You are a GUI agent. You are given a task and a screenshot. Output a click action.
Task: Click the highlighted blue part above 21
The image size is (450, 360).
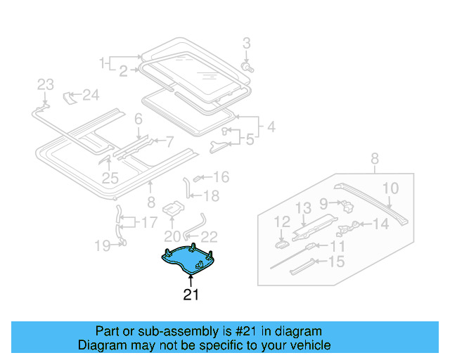coord(186,259)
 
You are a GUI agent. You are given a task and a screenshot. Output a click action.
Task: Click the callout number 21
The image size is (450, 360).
coord(191,295)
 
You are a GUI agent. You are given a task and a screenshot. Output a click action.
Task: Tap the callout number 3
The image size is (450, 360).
coord(247,44)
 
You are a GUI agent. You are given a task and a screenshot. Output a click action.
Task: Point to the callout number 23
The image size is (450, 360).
coord(45,85)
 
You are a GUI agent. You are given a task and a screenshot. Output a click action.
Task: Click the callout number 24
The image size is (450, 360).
coord(91,94)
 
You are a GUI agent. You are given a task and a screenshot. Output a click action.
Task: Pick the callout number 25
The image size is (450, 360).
coord(110,179)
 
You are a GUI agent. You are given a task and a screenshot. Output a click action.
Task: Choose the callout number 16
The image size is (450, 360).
coord(221,177)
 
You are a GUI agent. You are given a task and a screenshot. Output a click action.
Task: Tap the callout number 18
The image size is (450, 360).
coord(211,196)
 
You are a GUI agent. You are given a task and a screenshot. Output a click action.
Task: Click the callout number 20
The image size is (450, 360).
coord(173,236)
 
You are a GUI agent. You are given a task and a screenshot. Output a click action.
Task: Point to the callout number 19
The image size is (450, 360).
coord(103,245)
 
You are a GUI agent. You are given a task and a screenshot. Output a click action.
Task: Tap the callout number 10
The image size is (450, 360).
coord(390,188)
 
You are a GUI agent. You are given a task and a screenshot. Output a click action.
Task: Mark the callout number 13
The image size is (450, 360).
coord(302,207)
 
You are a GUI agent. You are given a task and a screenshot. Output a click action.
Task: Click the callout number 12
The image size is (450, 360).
coord(282,222)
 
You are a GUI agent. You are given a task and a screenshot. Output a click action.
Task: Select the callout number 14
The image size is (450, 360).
coord(380,224)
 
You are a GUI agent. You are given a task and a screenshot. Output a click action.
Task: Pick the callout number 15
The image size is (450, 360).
coord(337,262)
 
